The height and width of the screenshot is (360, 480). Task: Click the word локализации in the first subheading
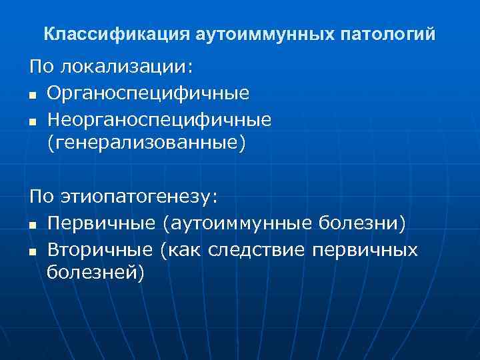[x=125, y=67]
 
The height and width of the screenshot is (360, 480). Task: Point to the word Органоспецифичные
[x=148, y=93]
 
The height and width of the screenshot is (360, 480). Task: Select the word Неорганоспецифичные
[x=159, y=119]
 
